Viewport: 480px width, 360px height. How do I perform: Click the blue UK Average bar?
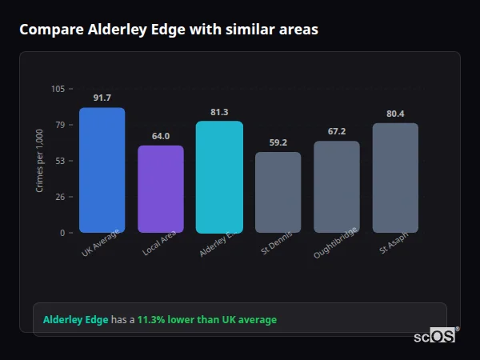coord(102,170)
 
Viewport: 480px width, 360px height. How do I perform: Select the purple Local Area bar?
coord(161,190)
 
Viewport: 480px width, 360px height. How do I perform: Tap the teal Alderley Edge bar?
coord(219,177)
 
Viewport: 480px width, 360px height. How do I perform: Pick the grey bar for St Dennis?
coord(278,193)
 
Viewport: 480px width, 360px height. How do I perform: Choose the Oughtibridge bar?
coord(337,187)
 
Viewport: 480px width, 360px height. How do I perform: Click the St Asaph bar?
coord(395,178)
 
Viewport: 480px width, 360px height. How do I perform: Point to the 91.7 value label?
coord(102,98)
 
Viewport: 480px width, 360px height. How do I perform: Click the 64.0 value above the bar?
coord(161,136)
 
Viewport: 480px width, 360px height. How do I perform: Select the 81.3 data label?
coord(219,112)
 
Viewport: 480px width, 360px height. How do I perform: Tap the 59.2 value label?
coord(278,142)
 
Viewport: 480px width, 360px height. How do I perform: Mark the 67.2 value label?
coord(337,131)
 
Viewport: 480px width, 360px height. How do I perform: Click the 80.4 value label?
coord(395,114)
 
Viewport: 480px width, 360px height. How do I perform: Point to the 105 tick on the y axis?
coord(58,89)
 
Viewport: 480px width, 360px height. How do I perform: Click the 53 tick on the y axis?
coord(60,161)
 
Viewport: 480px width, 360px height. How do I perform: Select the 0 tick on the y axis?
coord(62,233)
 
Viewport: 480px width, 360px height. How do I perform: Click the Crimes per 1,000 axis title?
coord(40,161)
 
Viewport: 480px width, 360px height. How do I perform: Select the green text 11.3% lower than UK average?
coord(206,320)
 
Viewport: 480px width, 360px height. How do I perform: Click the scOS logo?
coord(434,336)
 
